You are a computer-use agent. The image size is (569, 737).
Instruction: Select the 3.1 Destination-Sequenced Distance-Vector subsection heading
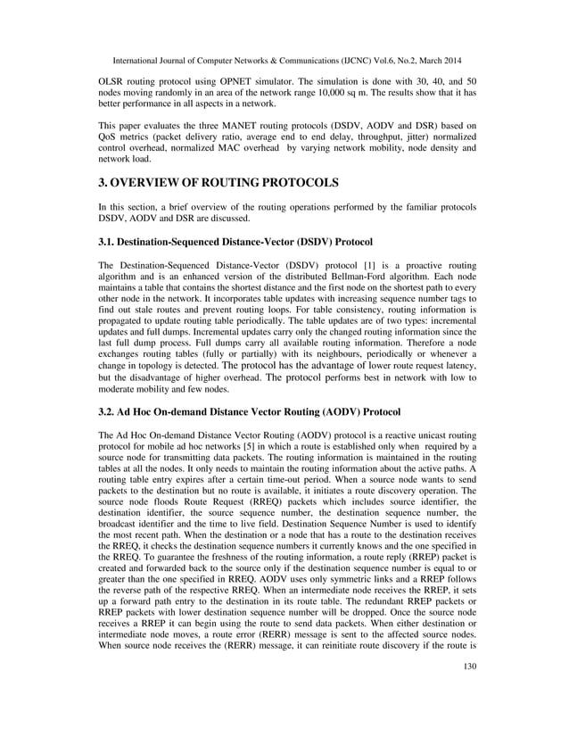point(235,242)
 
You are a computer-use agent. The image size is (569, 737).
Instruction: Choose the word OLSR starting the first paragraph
point(111,81)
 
